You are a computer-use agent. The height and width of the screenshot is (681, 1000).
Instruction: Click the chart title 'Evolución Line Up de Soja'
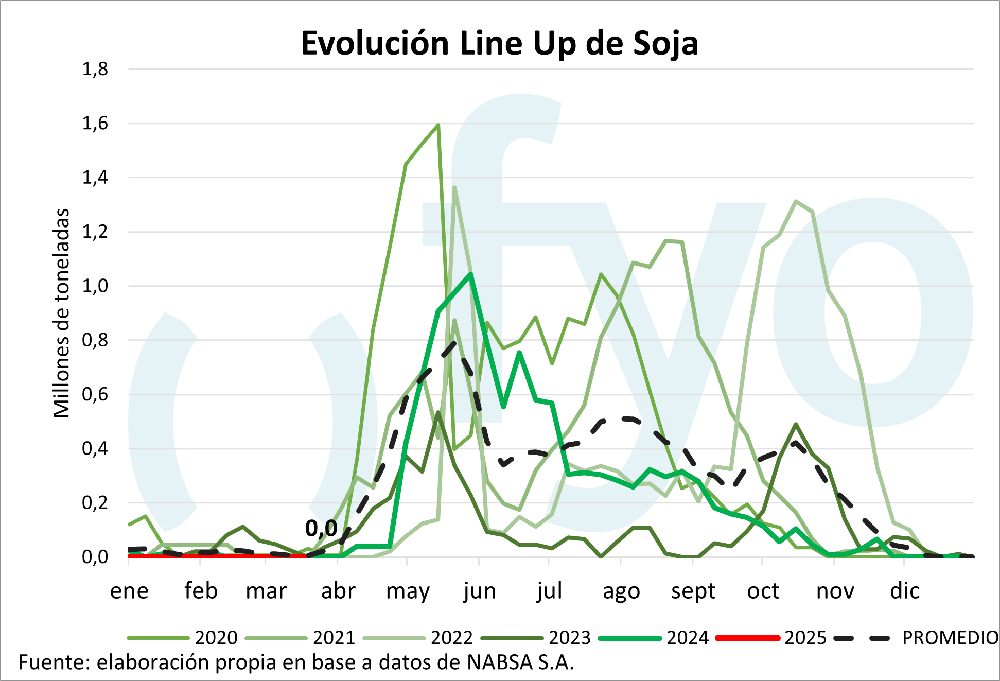coord(499,43)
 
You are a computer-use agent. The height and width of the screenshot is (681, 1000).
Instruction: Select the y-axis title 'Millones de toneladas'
coord(62,313)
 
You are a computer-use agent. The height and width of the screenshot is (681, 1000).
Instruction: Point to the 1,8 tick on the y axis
coord(95,69)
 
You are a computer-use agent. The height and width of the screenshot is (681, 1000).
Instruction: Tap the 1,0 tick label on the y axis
coord(95,286)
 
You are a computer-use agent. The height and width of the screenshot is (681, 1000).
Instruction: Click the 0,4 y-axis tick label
coord(95,449)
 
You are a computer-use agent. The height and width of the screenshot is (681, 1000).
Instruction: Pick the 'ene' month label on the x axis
coord(129,591)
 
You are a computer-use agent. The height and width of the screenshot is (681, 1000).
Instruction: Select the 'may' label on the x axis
coord(408,591)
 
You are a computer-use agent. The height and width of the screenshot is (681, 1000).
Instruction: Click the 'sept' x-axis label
coord(693,591)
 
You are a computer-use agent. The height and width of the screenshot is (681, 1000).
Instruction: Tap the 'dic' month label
coord(905,591)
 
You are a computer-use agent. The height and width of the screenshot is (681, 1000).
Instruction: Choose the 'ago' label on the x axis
coord(621,591)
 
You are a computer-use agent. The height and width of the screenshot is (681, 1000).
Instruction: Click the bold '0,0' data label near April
coord(321,528)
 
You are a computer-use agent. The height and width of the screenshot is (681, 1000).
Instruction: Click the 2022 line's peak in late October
coord(796,201)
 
